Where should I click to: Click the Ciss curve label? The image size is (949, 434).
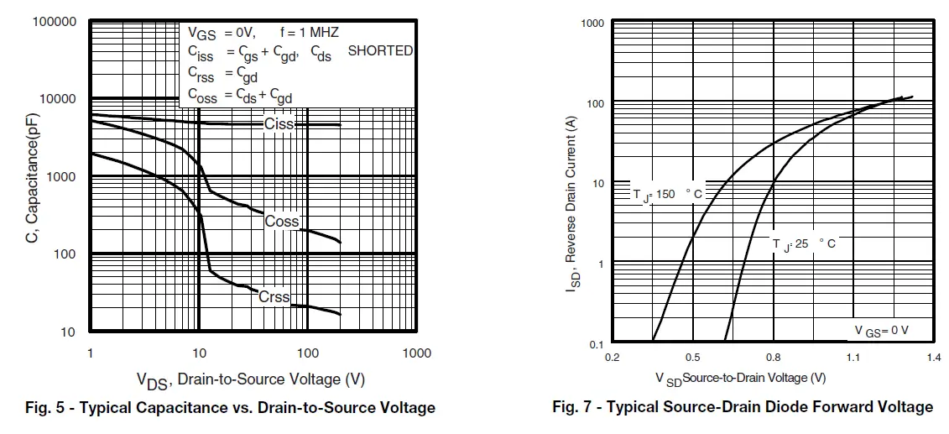click(x=279, y=124)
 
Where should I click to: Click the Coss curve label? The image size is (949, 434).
click(x=282, y=222)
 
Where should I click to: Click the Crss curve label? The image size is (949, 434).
click(x=274, y=297)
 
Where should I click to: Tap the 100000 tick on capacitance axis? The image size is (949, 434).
click(x=55, y=21)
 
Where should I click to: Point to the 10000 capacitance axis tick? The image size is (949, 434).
click(x=59, y=99)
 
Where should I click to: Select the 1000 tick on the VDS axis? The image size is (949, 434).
click(x=417, y=353)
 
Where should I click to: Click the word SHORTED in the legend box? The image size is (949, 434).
click(x=380, y=51)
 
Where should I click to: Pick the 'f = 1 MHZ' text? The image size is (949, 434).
click(x=309, y=33)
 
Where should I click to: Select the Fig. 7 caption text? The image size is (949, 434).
click(x=743, y=407)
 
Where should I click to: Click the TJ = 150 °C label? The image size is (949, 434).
click(x=667, y=194)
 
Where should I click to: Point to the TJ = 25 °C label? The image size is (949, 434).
click(x=804, y=243)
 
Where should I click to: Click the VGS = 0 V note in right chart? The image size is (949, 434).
click(x=881, y=331)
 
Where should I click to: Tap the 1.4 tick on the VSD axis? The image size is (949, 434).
click(x=933, y=357)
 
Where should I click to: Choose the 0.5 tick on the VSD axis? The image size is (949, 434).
click(x=693, y=357)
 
